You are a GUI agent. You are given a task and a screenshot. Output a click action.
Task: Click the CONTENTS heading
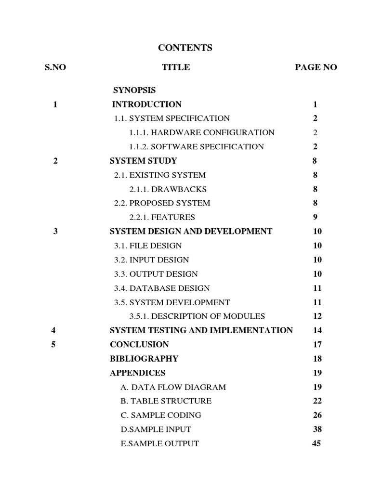pyautogui.click(x=185, y=48)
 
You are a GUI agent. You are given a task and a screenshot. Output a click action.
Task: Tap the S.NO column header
pyautogui.click(x=55, y=67)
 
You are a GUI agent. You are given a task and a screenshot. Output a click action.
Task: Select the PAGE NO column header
pyautogui.click(x=316, y=67)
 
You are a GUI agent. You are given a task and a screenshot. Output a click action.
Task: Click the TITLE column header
pyautogui.click(x=176, y=67)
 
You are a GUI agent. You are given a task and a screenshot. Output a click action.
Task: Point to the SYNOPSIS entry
pyautogui.click(x=134, y=90)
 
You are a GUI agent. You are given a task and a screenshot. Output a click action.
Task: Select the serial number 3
pyautogui.click(x=55, y=231)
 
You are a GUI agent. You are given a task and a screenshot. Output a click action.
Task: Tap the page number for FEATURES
pyautogui.click(x=315, y=217)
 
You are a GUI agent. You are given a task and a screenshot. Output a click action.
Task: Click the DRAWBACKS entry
pyautogui.click(x=168, y=189)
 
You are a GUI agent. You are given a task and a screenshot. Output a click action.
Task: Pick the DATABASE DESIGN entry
pyautogui.click(x=162, y=288)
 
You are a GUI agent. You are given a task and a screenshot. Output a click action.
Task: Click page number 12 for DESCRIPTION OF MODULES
pyautogui.click(x=317, y=316)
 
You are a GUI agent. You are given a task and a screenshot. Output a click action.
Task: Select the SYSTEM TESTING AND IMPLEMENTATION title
pyautogui.click(x=201, y=330)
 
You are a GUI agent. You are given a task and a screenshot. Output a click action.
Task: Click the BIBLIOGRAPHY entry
pyautogui.click(x=144, y=359)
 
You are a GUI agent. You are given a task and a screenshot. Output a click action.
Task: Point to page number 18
pyautogui.click(x=317, y=359)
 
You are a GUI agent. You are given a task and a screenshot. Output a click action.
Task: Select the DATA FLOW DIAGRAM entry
pyautogui.click(x=173, y=387)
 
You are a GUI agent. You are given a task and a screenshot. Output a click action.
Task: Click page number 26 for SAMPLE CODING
pyautogui.click(x=317, y=415)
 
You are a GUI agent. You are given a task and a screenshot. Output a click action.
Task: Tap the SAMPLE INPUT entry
pyautogui.click(x=156, y=429)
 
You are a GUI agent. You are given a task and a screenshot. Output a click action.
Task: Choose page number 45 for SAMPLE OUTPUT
pyautogui.click(x=317, y=443)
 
